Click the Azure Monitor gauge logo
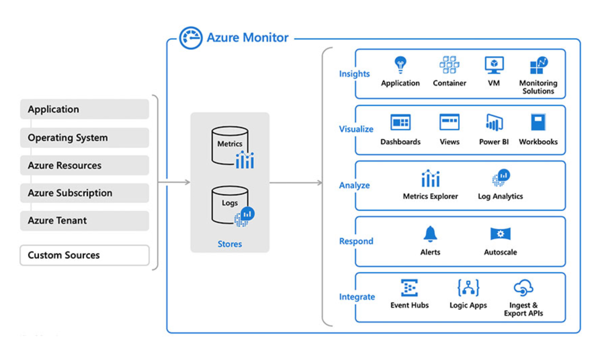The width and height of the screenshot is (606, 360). [190, 38]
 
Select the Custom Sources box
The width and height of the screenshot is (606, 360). [84, 255]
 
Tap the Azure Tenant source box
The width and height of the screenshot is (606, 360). [84, 221]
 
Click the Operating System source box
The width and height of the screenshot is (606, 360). [84, 138]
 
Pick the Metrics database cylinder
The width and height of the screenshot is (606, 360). [230, 145]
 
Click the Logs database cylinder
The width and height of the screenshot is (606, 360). [230, 205]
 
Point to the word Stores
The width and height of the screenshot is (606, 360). [230, 244]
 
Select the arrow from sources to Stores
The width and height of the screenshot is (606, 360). [175, 182]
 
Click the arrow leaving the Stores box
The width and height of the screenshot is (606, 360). [296, 183]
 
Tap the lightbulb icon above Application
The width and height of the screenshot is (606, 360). [400, 64]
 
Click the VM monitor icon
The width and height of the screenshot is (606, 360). [494, 65]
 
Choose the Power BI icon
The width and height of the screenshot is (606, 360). [494, 122]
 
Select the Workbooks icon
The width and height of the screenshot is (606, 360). [538, 122]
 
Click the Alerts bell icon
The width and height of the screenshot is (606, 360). [430, 234]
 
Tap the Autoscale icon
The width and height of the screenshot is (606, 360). [500, 234]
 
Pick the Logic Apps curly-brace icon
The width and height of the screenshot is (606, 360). [468, 288]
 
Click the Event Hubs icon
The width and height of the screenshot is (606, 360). [409, 288]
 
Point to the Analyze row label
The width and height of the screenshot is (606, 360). [354, 185]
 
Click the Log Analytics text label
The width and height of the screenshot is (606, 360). [500, 196]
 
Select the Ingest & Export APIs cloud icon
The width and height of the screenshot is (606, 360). [523, 288]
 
